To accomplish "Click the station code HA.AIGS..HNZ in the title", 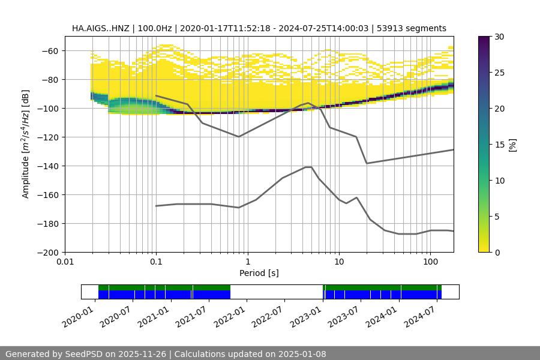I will click(x=101, y=28).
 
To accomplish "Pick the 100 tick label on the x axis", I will click(x=430, y=262).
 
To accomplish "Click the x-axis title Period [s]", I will click(x=259, y=273).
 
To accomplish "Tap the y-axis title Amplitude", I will click(x=26, y=144).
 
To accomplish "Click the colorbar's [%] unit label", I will click(x=512, y=145).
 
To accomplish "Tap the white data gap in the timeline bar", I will click(x=276, y=292).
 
